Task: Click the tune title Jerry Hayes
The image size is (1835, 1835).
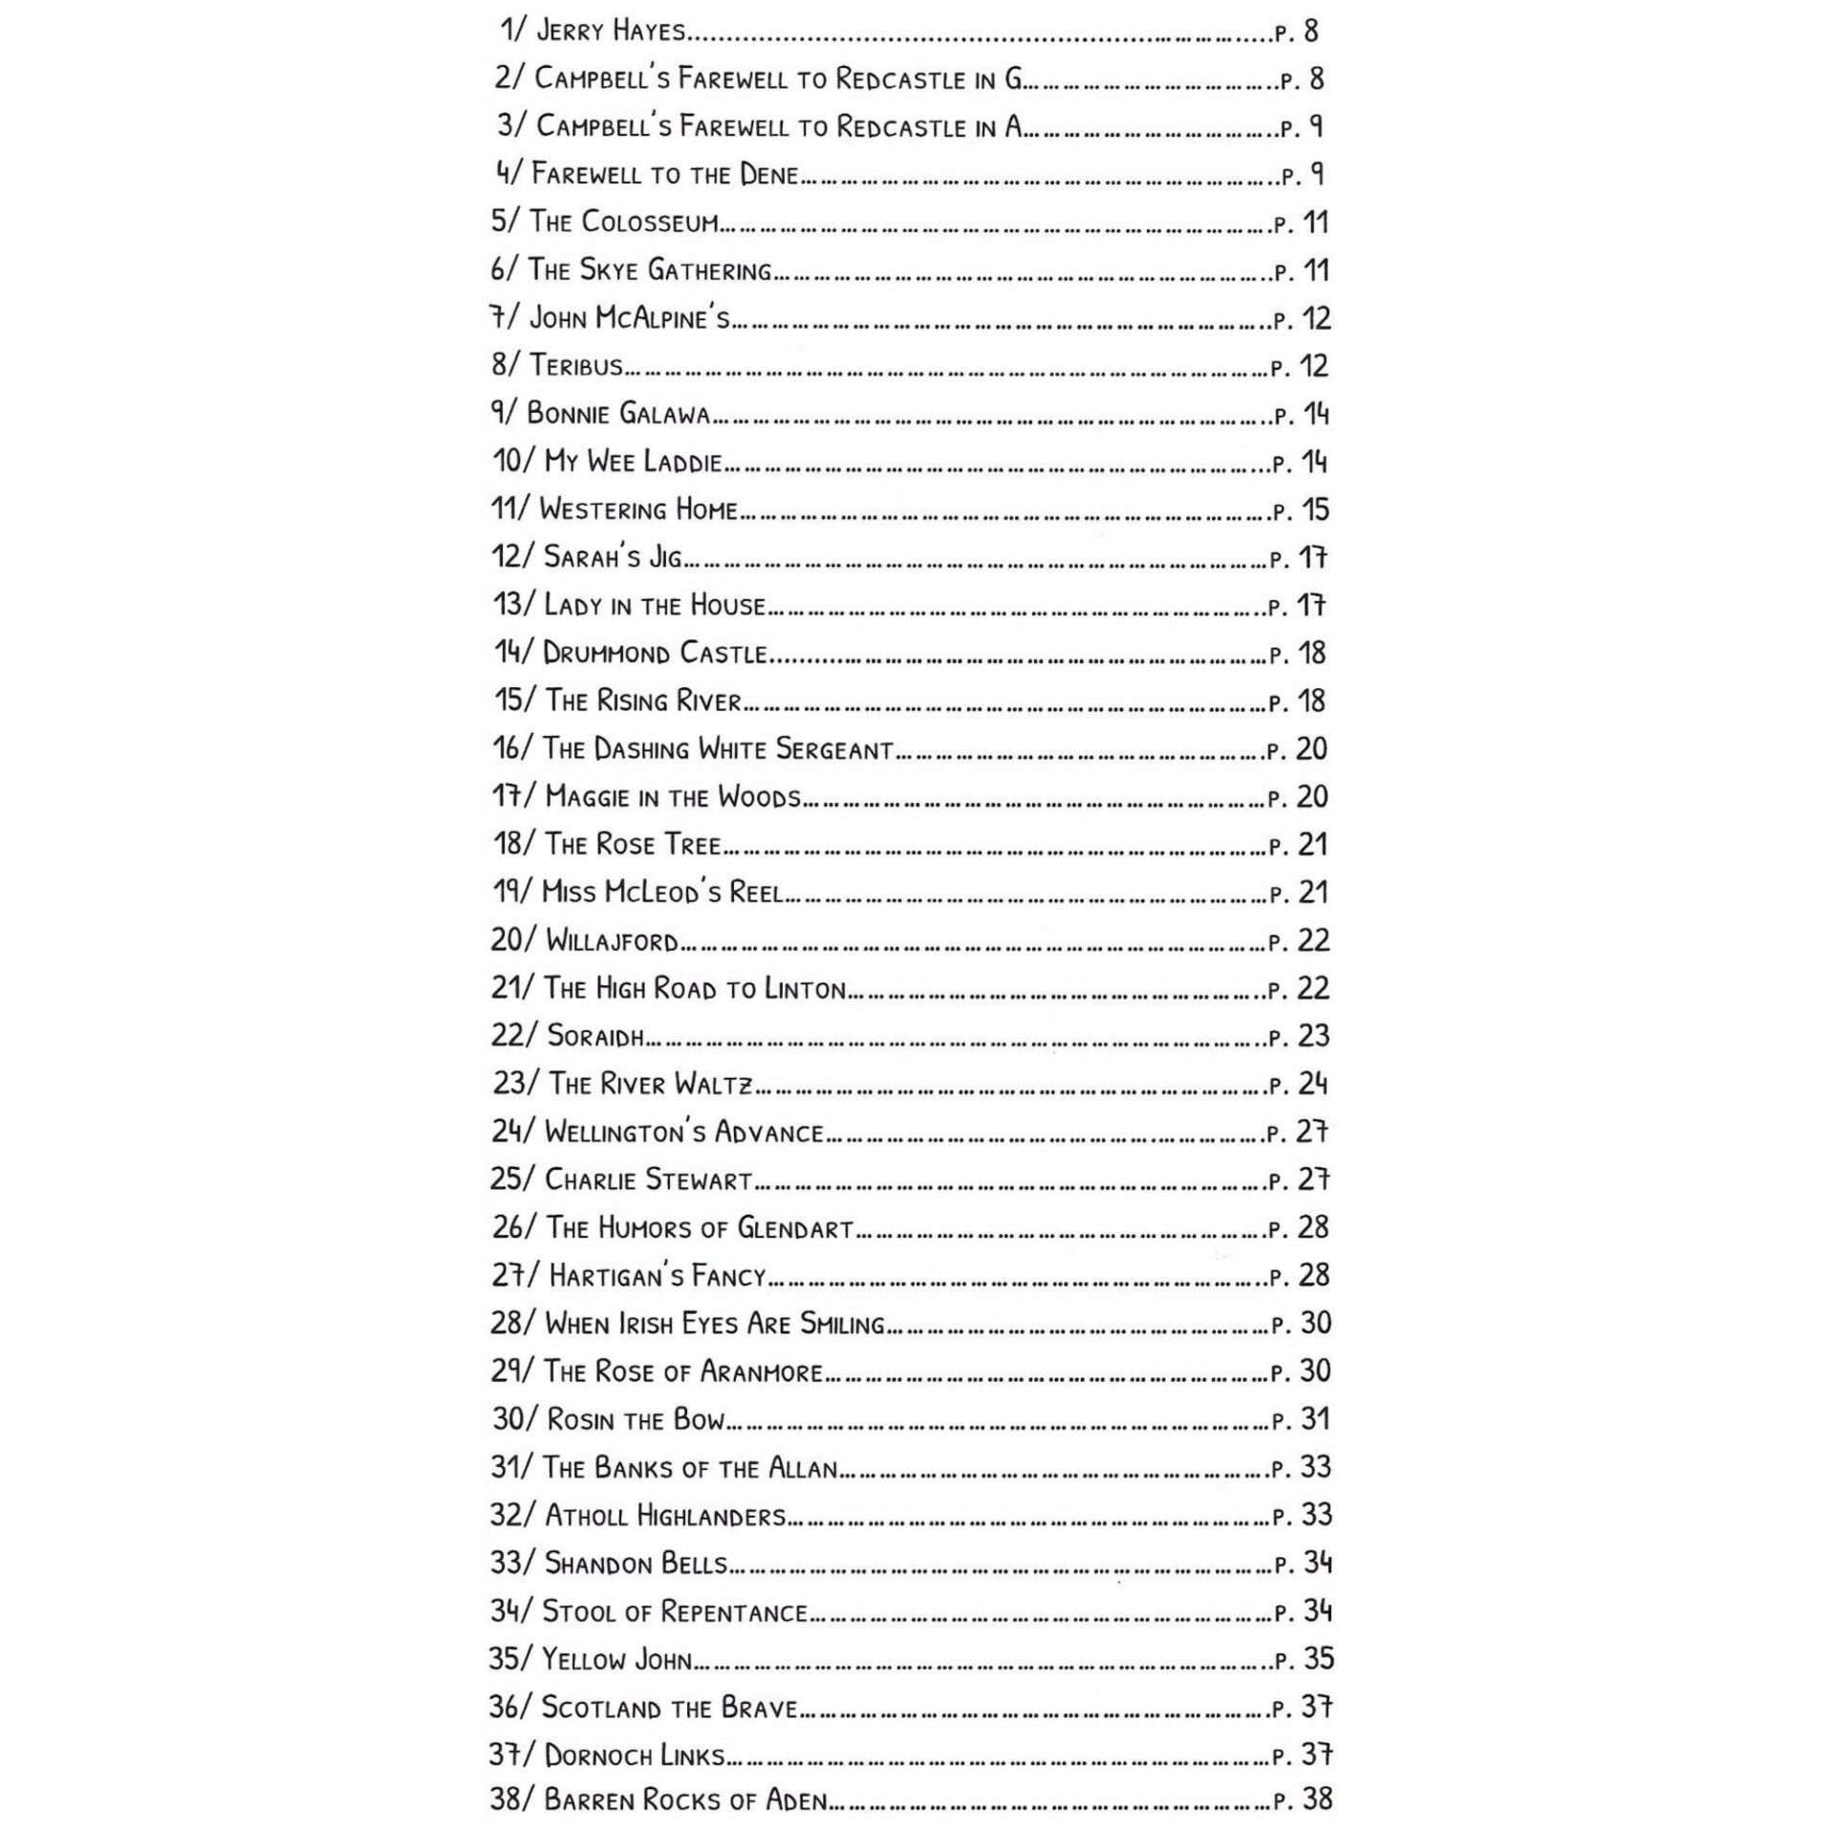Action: click(611, 32)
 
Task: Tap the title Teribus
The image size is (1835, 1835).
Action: click(576, 366)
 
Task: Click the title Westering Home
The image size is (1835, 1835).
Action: click(637, 509)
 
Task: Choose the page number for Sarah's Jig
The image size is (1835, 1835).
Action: click(1313, 557)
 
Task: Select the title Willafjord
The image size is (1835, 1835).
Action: click(612, 940)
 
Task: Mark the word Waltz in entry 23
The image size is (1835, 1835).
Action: click(713, 1084)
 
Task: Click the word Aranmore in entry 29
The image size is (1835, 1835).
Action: click(761, 1371)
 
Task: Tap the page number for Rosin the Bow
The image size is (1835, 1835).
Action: click(1315, 1419)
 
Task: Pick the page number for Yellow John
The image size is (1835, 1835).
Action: click(1318, 1658)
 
